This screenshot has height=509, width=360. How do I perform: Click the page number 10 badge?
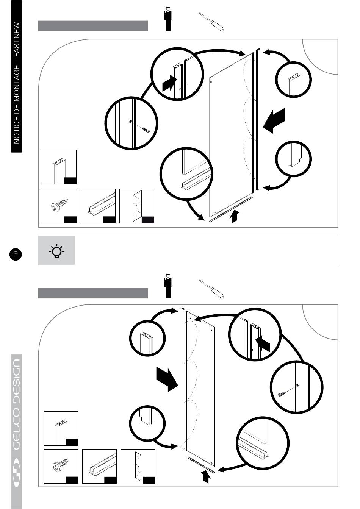16,254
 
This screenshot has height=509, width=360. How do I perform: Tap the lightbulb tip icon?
56,251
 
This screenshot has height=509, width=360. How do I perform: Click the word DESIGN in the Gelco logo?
17,383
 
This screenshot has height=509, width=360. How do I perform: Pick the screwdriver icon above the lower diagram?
211,289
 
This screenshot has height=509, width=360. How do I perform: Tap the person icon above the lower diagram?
167,286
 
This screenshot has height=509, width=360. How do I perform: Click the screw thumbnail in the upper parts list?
59,206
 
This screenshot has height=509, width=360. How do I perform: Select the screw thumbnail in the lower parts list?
61,466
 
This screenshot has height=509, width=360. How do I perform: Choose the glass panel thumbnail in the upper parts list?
137,206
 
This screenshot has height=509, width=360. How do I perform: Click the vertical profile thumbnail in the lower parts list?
61,428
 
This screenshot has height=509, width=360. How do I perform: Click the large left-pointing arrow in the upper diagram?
274,120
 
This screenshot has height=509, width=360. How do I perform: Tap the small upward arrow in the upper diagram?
235,217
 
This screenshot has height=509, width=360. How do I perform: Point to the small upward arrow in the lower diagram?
205,476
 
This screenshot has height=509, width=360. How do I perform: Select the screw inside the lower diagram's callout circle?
282,394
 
